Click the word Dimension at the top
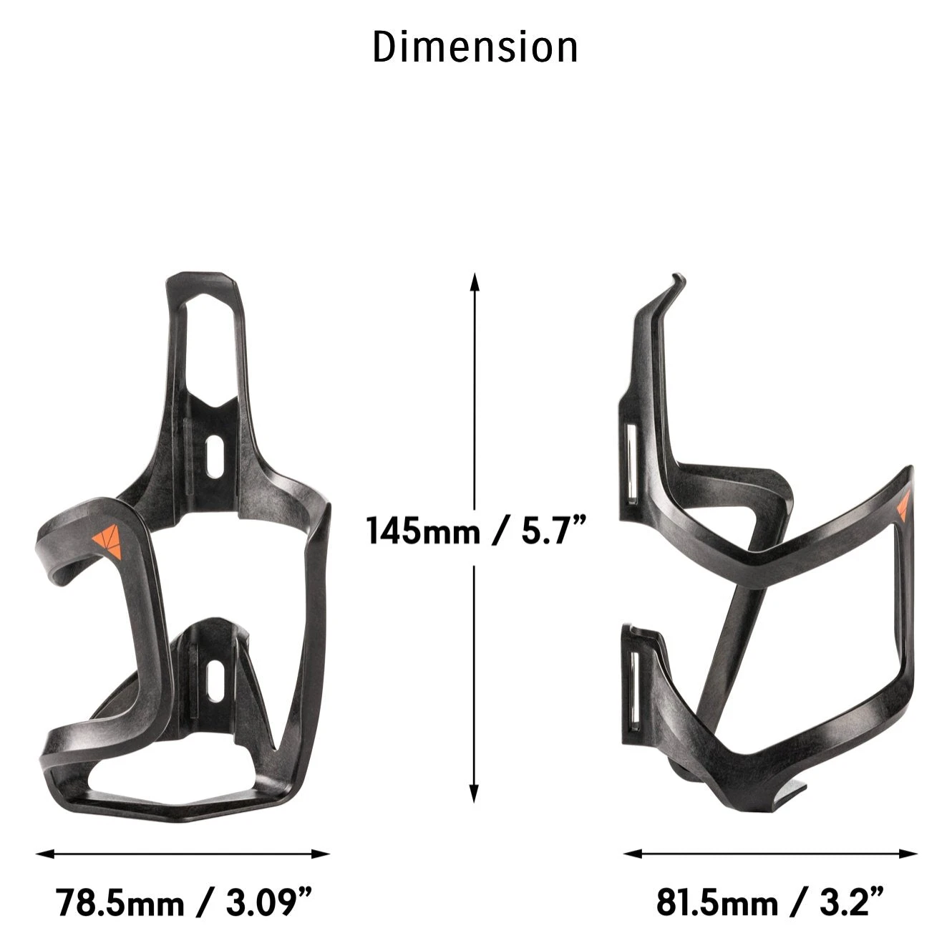tap(475, 47)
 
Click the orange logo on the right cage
tap(903, 505)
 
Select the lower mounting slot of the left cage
tap(213, 681)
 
